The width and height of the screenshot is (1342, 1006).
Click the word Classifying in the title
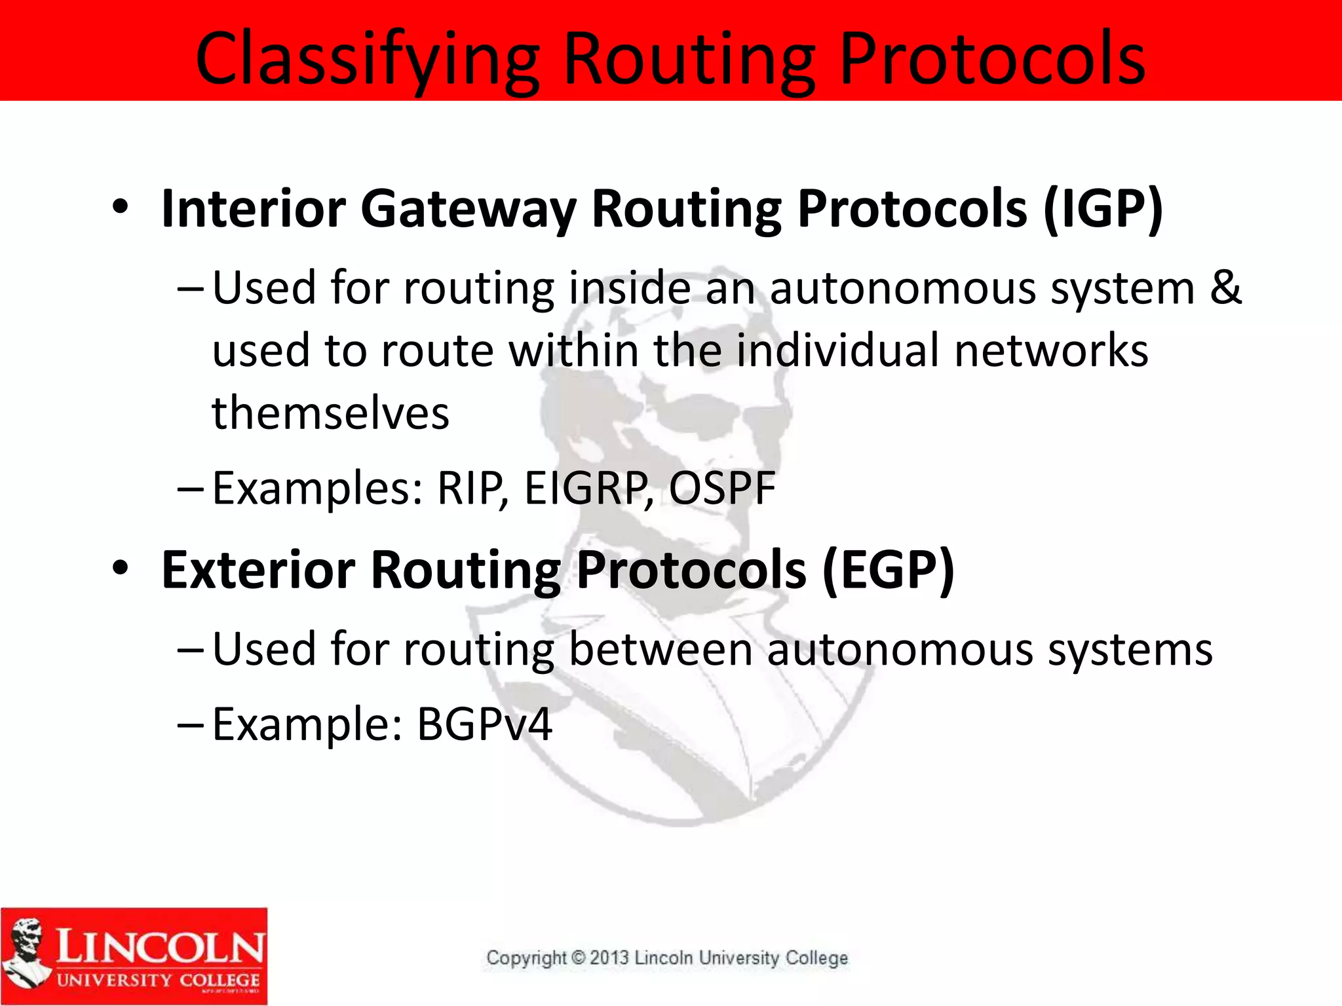(x=367, y=60)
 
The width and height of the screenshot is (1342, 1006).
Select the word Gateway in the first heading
(x=468, y=210)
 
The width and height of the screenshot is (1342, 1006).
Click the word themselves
(x=331, y=414)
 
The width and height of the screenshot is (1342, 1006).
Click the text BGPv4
(x=484, y=724)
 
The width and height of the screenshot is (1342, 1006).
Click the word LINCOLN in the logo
(x=160, y=946)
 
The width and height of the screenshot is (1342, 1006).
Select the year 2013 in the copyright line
(x=609, y=958)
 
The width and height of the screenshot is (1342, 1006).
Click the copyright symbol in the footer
(x=578, y=958)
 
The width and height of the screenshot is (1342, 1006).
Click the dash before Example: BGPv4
(x=191, y=724)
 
